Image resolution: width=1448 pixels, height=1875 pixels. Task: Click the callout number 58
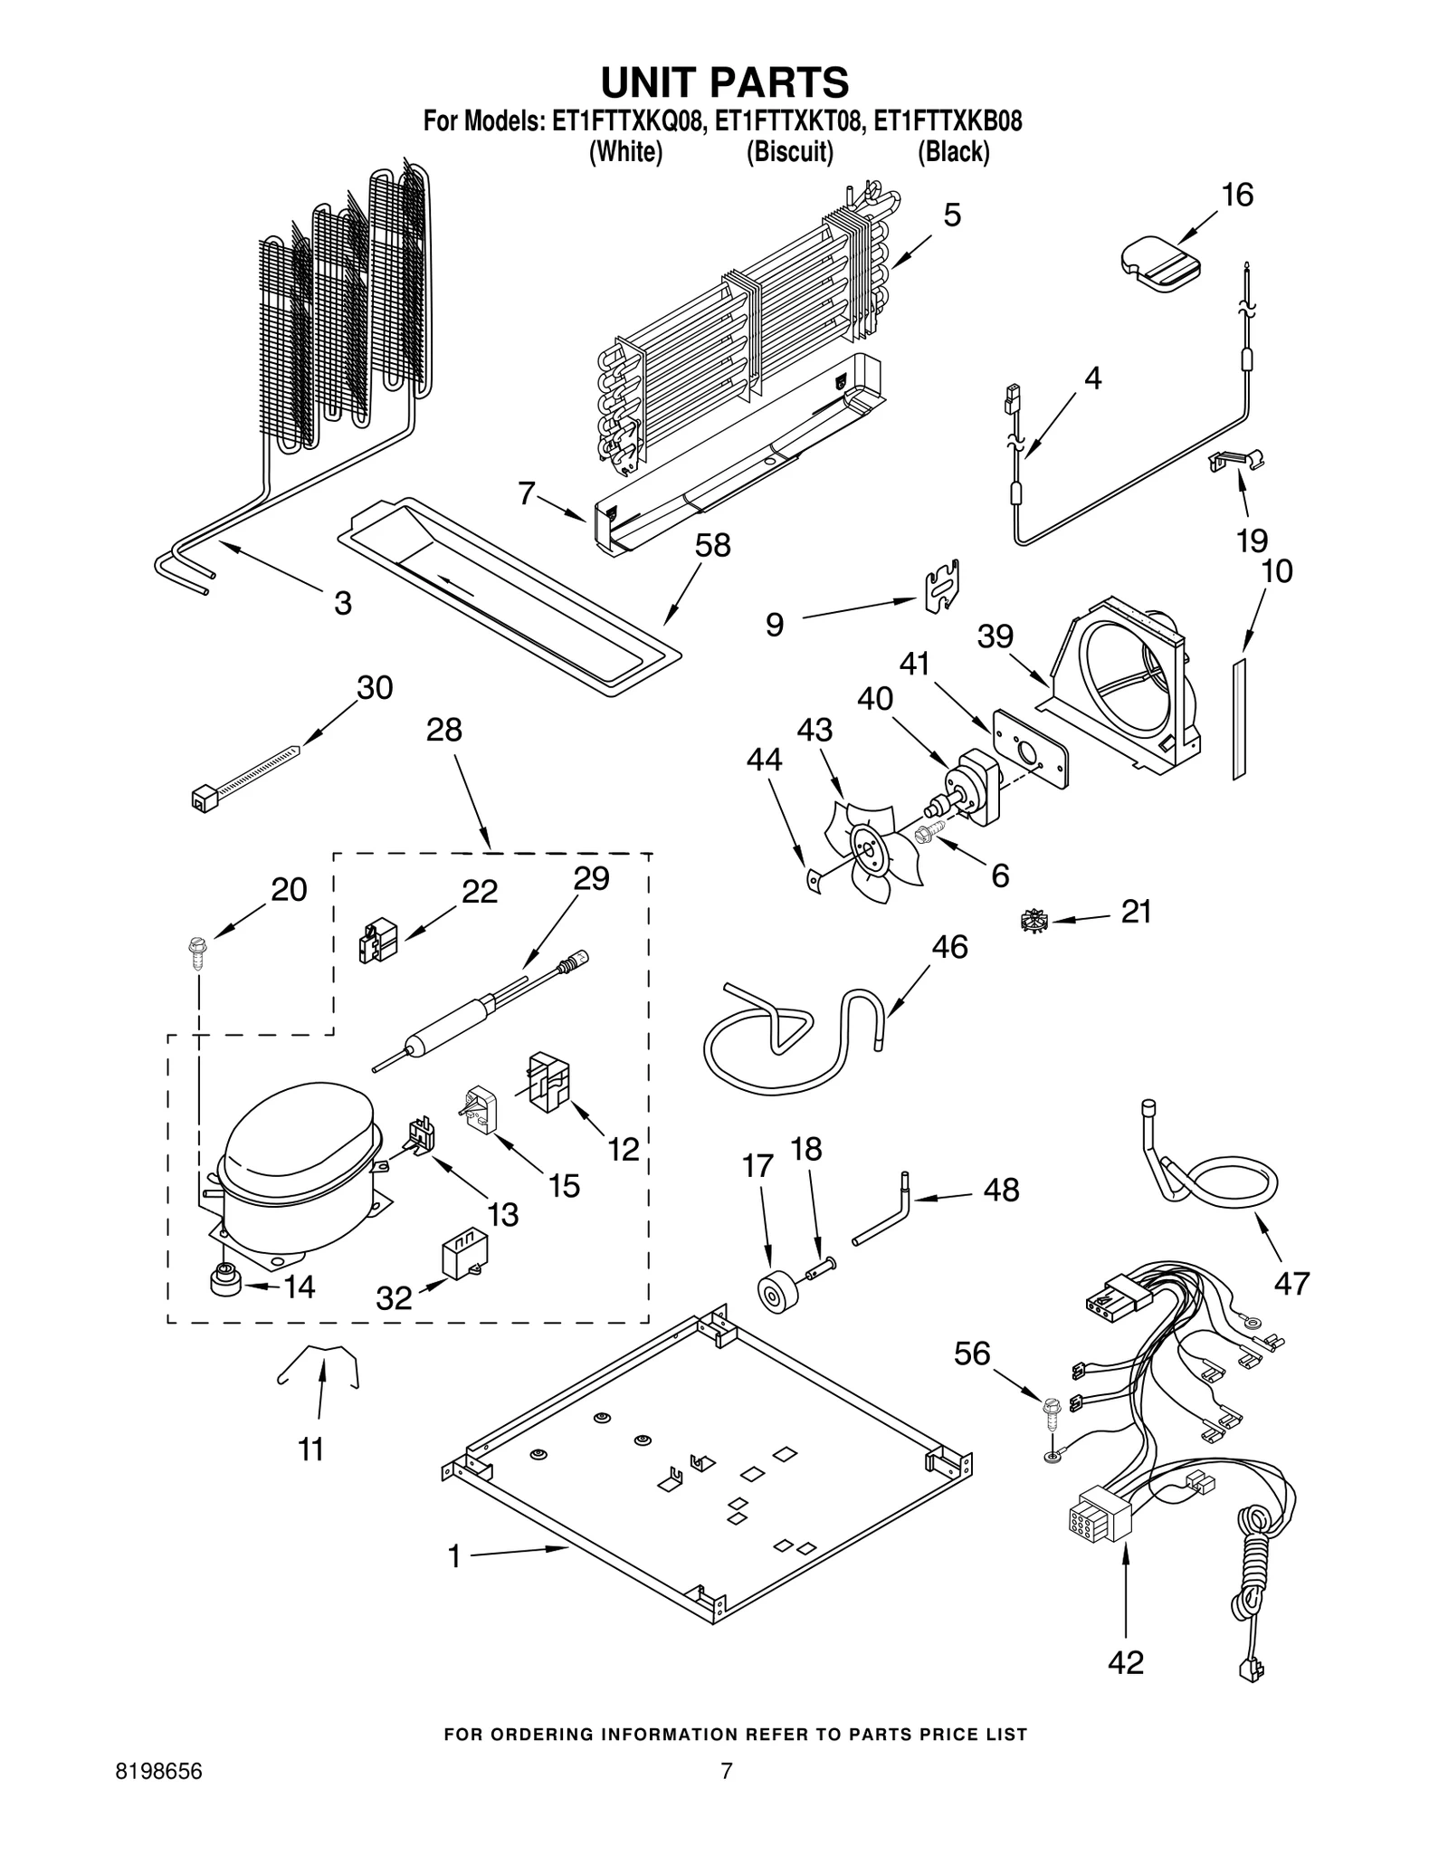click(712, 546)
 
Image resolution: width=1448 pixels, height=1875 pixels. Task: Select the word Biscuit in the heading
click(788, 152)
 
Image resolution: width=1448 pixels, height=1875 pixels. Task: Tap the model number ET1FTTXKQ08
click(627, 121)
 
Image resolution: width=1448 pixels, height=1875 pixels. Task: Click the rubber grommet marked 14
click(223, 1283)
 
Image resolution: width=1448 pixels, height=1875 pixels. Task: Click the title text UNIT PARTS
click(724, 81)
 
